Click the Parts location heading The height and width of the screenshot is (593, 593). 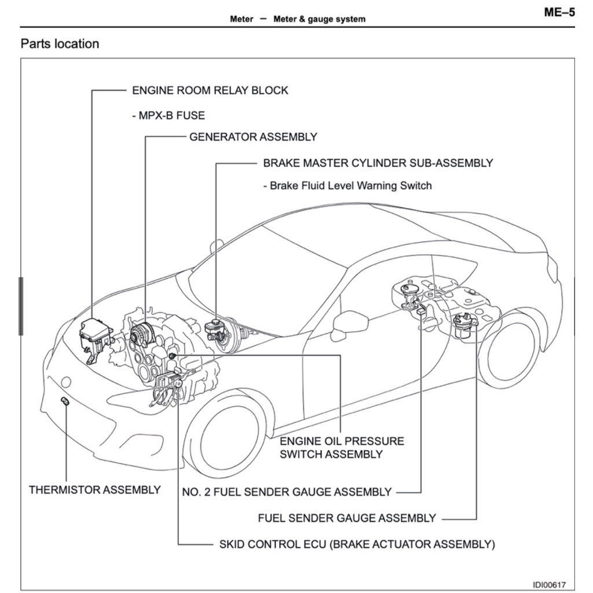point(60,44)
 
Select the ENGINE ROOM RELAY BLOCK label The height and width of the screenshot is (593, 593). point(210,90)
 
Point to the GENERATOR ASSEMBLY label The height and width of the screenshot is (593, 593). point(253,137)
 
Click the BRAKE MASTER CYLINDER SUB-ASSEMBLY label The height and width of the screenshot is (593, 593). point(378,163)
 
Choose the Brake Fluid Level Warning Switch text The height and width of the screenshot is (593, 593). point(347,186)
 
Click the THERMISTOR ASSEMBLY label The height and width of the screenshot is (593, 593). point(95,490)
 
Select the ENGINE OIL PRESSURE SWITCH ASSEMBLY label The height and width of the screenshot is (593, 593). point(341,448)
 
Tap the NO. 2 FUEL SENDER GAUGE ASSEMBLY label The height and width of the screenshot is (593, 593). point(287,492)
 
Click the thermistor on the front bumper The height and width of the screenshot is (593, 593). point(65,402)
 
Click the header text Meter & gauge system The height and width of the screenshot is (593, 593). point(319,19)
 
